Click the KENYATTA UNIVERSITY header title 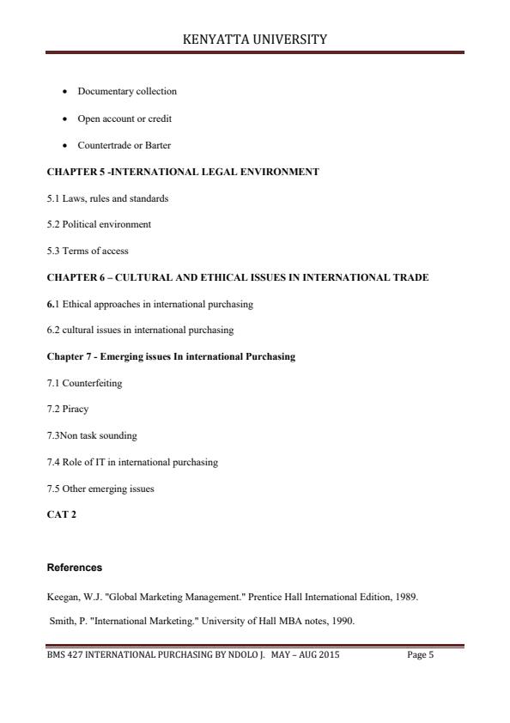(255, 39)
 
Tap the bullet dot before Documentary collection (66, 91)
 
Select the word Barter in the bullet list (159, 145)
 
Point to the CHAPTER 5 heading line (183, 172)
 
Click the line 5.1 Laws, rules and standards (107, 198)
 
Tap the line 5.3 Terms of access (88, 251)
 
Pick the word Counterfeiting (91, 383)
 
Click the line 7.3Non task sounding (92, 435)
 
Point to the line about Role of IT (132, 462)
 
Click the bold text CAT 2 (61, 514)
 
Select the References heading (74, 568)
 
